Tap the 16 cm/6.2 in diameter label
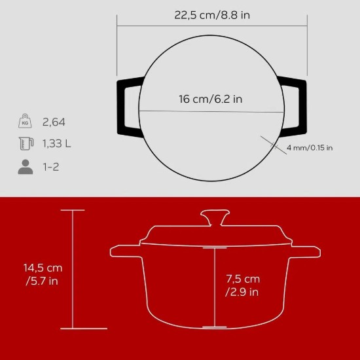click(211, 99)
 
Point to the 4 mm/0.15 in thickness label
click(310, 148)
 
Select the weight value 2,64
click(54, 122)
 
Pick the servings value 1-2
click(50, 167)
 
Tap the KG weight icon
click(25, 122)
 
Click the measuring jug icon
click(25, 144)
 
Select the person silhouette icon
click(25, 167)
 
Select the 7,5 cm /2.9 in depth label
click(243, 285)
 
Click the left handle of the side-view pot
click(124, 251)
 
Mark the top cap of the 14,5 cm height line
click(73, 210)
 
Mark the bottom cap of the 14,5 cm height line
click(73, 327)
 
